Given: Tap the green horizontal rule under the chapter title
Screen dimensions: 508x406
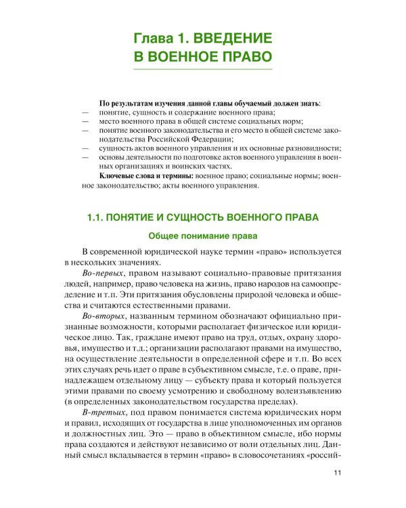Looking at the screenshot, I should pos(203,69).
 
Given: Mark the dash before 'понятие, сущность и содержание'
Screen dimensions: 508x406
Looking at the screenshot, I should pos(85,110).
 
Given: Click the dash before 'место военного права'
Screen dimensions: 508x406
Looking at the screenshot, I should pos(85,120).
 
